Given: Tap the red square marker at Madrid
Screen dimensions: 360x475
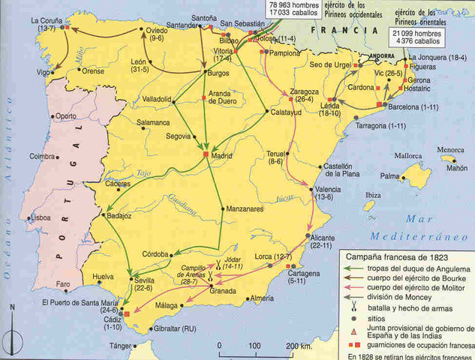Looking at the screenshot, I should point(206,154).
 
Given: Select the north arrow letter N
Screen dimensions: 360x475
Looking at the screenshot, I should point(13,308).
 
